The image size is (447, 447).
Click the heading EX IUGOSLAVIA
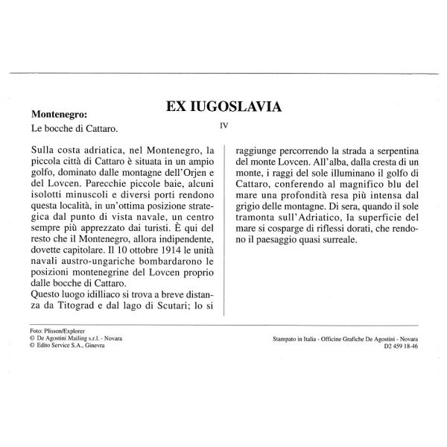[223, 106]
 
